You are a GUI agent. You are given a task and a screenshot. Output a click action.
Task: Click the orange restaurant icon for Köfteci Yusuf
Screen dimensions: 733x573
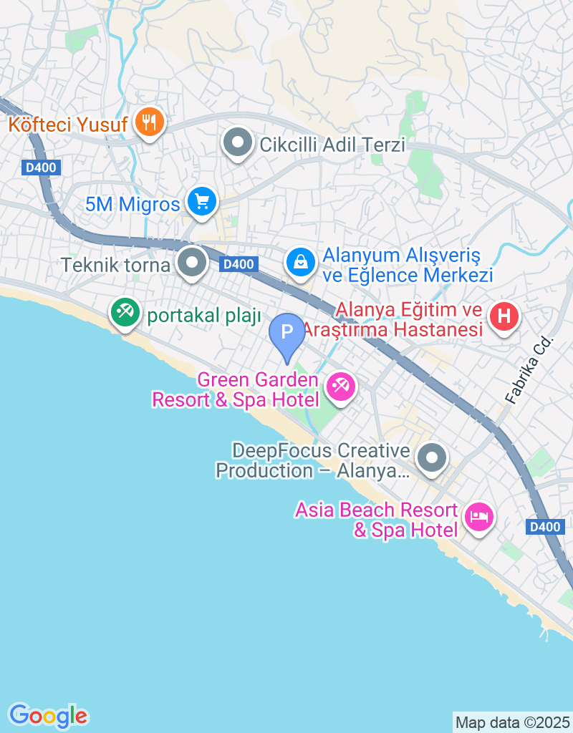tap(149, 123)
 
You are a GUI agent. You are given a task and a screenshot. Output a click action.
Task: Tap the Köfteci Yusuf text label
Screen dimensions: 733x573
tap(68, 125)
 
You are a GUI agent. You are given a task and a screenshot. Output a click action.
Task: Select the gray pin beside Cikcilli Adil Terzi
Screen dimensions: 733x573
tap(238, 143)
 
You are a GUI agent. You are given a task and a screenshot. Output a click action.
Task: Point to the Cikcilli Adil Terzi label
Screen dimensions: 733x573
tap(332, 145)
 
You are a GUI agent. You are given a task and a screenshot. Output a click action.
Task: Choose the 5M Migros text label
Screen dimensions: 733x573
tap(133, 204)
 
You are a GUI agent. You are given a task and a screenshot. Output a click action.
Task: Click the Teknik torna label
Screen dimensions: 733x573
tap(115, 265)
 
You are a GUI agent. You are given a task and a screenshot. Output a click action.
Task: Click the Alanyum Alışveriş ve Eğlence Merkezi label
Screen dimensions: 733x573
tap(408, 265)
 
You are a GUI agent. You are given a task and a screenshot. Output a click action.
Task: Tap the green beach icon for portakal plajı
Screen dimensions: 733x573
tap(126, 312)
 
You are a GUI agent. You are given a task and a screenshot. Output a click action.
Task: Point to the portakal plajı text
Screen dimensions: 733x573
tap(204, 316)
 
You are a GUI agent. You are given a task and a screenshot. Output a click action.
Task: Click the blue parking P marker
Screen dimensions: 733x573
tap(286, 333)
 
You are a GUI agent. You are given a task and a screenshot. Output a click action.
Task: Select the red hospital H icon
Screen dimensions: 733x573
tap(504, 315)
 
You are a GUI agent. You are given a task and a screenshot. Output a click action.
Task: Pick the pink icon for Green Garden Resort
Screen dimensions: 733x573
tap(340, 387)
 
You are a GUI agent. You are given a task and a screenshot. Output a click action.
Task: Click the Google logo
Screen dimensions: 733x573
tap(48, 715)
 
